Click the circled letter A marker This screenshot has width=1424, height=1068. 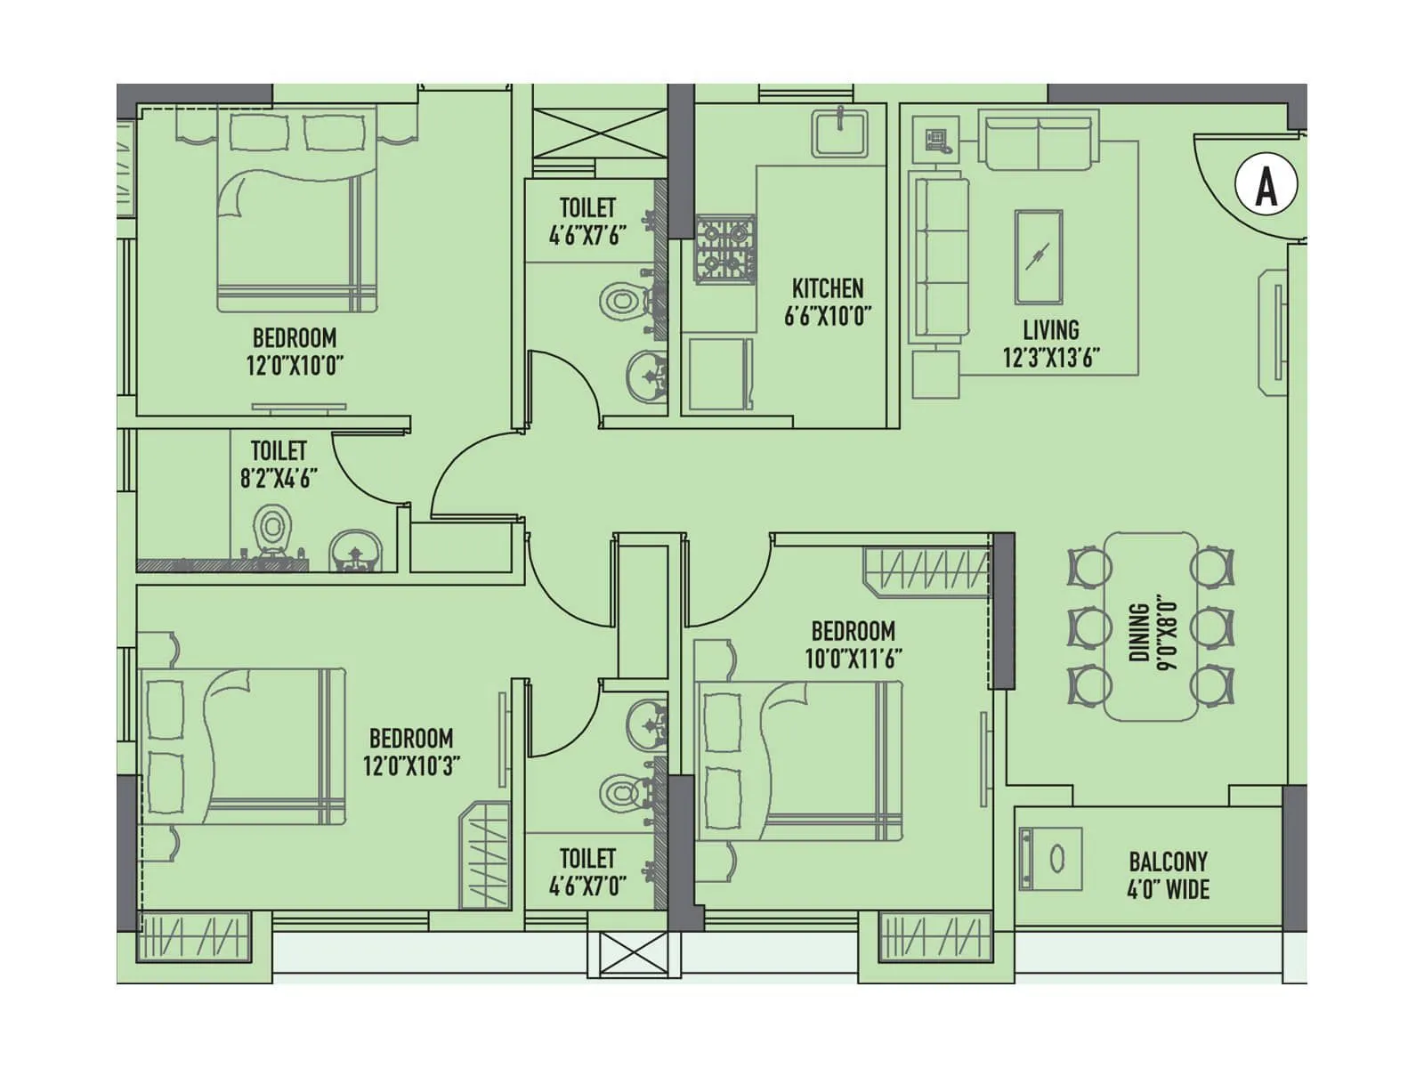pyautogui.click(x=1266, y=186)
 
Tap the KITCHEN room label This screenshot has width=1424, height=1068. pyautogui.click(x=828, y=288)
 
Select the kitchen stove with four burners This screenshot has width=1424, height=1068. pyautogui.click(x=725, y=249)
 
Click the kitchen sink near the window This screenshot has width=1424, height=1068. pyautogui.click(x=839, y=133)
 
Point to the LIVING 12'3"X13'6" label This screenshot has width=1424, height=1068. pyautogui.click(x=1051, y=344)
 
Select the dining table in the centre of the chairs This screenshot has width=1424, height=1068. pyautogui.click(x=1151, y=626)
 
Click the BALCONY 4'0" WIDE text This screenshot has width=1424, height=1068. pyautogui.click(x=1168, y=875)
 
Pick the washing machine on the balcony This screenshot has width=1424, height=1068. pyautogui.click(x=1050, y=859)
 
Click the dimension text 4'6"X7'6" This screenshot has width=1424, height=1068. pyautogui.click(x=587, y=235)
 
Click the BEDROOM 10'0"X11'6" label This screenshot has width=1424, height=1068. pyautogui.click(x=853, y=644)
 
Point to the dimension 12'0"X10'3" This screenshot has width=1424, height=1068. pyautogui.click(x=411, y=765)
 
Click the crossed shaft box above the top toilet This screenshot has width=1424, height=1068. pyautogui.click(x=598, y=132)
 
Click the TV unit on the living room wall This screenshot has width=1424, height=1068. pyautogui.click(x=1271, y=333)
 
